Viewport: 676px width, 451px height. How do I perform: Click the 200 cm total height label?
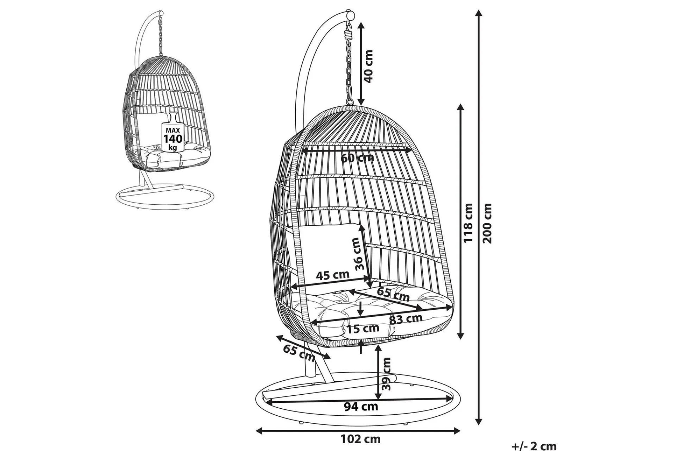point(487,223)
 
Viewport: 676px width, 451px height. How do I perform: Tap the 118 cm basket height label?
point(468,223)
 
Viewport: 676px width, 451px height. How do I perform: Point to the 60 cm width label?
point(357,158)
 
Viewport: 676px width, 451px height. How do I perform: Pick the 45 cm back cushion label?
point(333,275)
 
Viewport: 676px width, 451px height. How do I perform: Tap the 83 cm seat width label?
point(406,319)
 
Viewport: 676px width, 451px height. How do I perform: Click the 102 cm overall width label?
point(361,439)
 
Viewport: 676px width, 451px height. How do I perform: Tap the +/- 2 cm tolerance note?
point(534,446)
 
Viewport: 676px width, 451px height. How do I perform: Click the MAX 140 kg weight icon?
point(172,133)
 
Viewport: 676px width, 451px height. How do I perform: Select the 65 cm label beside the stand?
point(299,353)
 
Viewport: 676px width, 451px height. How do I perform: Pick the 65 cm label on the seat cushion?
point(393,294)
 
